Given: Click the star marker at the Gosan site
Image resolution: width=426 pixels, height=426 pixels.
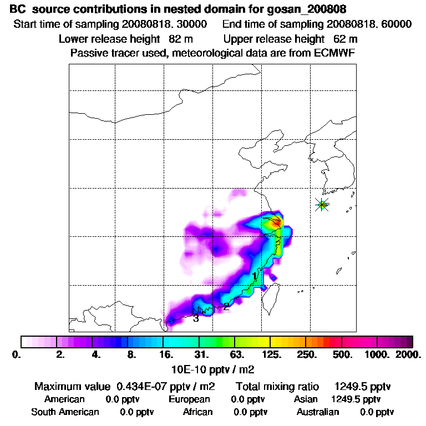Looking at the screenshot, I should pos(322,205).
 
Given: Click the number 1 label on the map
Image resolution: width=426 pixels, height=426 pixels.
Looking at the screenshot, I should pos(255,276).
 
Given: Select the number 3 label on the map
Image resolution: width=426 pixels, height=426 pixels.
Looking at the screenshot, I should pos(196,318).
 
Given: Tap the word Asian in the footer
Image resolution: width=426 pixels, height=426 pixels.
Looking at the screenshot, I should pos(306,399).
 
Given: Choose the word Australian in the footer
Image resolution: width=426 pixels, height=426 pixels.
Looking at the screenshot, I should pos(318,412).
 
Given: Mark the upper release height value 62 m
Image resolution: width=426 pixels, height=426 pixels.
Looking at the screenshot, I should pos(346,39).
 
